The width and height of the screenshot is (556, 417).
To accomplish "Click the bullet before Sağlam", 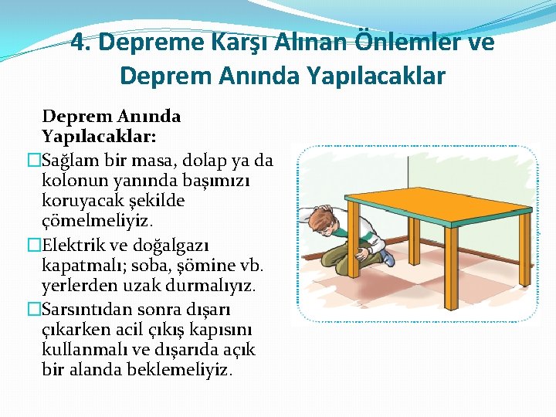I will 33,160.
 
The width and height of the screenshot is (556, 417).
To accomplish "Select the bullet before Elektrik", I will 33,245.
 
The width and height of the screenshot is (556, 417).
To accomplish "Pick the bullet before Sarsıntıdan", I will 33,309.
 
